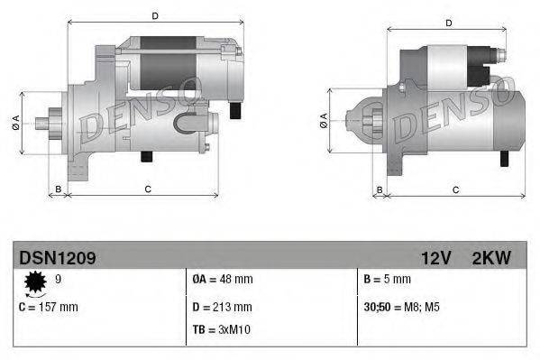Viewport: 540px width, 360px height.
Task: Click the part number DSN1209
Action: click(58, 258)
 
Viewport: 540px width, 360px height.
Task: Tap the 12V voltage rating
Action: click(435, 258)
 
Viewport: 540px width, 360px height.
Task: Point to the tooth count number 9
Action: click(59, 280)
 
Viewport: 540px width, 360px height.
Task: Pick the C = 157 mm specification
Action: click(49, 307)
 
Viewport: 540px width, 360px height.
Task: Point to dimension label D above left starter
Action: click(154, 16)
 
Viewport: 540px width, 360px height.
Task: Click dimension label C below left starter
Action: click(147, 188)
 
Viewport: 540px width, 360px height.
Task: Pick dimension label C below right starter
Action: click(455, 189)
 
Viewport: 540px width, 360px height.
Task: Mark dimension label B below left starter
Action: click(59, 188)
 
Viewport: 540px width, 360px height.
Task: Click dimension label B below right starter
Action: click(380, 189)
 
